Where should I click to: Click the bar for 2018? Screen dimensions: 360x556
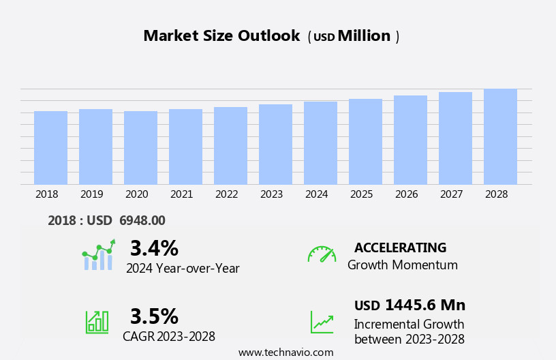pyautogui.click(x=50, y=148)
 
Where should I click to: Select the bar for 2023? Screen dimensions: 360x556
pyautogui.click(x=275, y=145)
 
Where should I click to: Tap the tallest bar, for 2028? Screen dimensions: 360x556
pyautogui.click(x=500, y=137)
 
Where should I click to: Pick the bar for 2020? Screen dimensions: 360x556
pyautogui.click(x=140, y=148)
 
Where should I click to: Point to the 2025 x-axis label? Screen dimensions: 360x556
pyautogui.click(x=361, y=194)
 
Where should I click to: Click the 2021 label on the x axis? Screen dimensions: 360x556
pyautogui.click(x=181, y=194)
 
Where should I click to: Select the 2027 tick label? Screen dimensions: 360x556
pyautogui.click(x=451, y=194)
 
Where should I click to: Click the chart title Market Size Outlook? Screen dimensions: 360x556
pyautogui.click(x=221, y=36)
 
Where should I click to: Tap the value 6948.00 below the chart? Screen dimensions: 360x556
pyautogui.click(x=142, y=221)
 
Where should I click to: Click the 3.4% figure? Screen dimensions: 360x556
pyautogui.click(x=154, y=248)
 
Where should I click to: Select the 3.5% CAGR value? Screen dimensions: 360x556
pyautogui.click(x=154, y=316)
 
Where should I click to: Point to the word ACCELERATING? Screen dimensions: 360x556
pyautogui.click(x=400, y=247)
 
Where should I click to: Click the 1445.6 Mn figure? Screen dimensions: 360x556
pyautogui.click(x=425, y=305)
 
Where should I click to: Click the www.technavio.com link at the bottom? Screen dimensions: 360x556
pyautogui.click(x=285, y=352)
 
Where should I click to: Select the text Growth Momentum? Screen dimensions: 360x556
pyautogui.click(x=402, y=265)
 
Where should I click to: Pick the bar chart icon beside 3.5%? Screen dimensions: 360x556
pyautogui.click(x=97, y=322)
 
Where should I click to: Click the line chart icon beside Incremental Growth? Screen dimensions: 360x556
pyautogui.click(x=322, y=322)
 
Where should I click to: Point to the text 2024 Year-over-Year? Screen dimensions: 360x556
pyautogui.click(x=183, y=269)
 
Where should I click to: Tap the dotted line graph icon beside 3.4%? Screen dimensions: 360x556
pyautogui.click(x=98, y=255)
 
